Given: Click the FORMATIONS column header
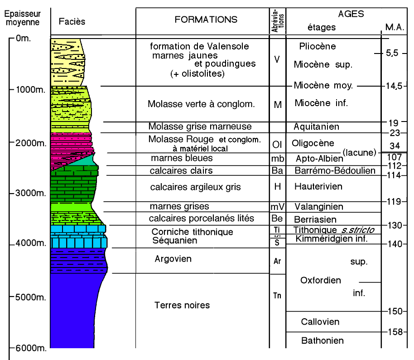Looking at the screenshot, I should pos(206,19).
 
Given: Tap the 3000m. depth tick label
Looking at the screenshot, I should pos(25,193).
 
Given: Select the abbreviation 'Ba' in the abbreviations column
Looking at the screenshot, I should pos(278,171).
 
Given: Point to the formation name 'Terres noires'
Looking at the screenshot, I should pos(182,305).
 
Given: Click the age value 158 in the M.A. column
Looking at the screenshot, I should pos(395,332).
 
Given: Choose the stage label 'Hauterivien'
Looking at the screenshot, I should pos(318,186).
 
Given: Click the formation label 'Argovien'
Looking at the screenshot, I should pos(173,259).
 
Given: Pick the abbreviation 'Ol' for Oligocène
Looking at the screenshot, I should pos(278,144).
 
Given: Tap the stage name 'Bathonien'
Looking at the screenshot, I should pos(322,341).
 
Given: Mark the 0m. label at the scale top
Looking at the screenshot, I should pos(23,39).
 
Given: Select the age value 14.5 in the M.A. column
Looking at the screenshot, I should pos(395,86).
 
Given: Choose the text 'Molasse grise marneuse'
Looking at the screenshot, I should pos(200,126).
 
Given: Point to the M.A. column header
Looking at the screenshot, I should pos(395,27).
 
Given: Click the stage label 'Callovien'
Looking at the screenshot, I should pos(320,322).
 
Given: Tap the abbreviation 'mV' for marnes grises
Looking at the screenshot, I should pos(277,207).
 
